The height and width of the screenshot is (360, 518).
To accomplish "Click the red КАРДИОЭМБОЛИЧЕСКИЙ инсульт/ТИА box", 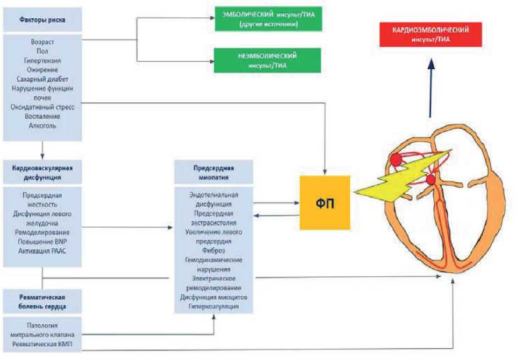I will click(430, 35).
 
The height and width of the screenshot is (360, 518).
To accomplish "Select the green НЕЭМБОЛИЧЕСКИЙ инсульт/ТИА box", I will click(267, 60).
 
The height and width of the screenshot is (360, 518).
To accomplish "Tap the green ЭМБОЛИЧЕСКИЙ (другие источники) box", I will click(267, 19).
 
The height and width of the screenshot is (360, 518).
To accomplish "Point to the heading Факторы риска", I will click(42, 20).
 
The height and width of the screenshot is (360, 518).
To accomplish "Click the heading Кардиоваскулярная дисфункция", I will click(42, 172).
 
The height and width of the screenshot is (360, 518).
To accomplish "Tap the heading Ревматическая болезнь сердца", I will click(42, 302).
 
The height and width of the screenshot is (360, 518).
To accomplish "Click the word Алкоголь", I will click(42, 126).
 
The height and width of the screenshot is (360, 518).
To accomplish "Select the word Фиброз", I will click(213, 250).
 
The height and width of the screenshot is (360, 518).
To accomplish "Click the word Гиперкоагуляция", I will click(213, 306).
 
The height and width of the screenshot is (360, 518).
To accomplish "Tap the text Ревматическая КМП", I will click(42, 344).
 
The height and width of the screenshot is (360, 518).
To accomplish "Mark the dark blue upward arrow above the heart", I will click(430, 88).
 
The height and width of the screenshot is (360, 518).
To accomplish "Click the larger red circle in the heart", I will click(396, 160).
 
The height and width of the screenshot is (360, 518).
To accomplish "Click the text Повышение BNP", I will click(42, 242).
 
